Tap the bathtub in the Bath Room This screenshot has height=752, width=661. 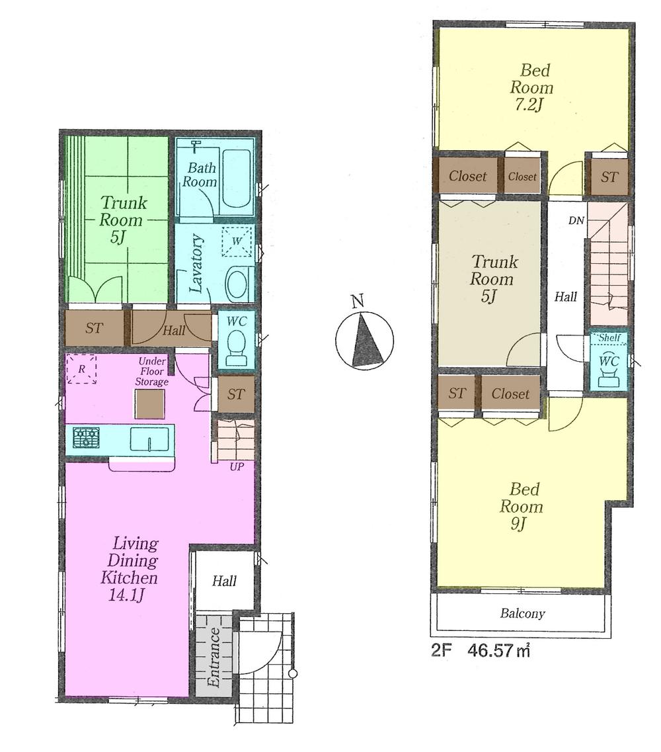(236, 177)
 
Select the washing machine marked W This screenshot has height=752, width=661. (237, 241)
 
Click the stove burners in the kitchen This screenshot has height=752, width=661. (85, 439)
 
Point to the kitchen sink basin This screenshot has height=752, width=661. (149, 439)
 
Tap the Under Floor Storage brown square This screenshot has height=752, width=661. (149, 403)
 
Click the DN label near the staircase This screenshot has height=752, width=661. (576, 220)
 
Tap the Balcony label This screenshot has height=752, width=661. (522, 614)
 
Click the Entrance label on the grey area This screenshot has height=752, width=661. (214, 657)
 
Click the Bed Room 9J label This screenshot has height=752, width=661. (522, 507)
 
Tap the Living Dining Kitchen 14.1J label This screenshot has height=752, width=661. (129, 569)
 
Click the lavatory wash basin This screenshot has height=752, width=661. (239, 285)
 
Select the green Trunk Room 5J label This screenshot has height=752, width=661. (122, 220)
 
